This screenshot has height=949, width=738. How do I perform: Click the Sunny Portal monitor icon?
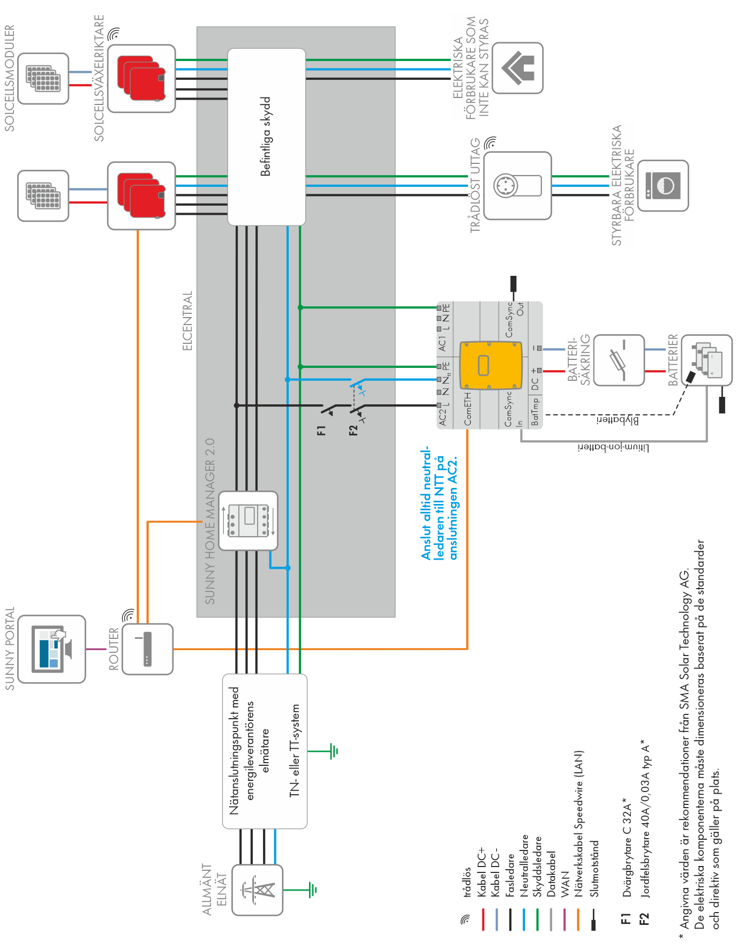52,649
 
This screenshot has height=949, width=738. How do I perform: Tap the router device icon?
147,649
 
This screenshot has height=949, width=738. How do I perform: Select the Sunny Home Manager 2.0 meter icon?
248,521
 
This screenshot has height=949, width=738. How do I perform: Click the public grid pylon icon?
258,890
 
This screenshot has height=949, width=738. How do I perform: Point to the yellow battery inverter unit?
491,365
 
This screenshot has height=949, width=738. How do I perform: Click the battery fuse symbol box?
619,360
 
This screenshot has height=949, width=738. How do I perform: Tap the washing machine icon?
663,185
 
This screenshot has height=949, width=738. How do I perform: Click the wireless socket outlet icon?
517,185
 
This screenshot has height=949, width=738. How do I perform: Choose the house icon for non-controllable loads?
518,68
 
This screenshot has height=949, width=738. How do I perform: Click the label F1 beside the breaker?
321,430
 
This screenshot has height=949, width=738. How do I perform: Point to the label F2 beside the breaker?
353,430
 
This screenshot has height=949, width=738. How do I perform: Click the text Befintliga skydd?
266,137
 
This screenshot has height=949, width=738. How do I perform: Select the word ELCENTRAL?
187,321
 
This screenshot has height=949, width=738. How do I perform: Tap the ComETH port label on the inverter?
468,410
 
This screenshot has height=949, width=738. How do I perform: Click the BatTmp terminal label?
535,412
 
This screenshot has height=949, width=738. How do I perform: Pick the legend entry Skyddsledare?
538,866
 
